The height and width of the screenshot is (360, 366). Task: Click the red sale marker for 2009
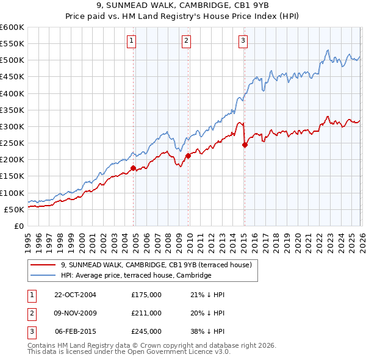click(188, 156)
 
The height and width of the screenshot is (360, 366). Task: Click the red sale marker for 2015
click(245, 145)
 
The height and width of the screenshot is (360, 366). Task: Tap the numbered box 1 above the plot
click(132, 41)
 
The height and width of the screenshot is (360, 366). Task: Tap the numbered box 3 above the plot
click(243, 41)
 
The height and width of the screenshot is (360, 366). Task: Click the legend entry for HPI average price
click(135, 276)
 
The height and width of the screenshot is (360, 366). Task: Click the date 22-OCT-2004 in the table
click(75, 295)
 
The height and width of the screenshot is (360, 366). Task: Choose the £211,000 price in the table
click(146, 313)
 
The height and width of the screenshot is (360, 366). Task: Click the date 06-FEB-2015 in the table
click(75, 331)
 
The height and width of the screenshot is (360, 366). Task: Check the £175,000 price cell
click(146, 295)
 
